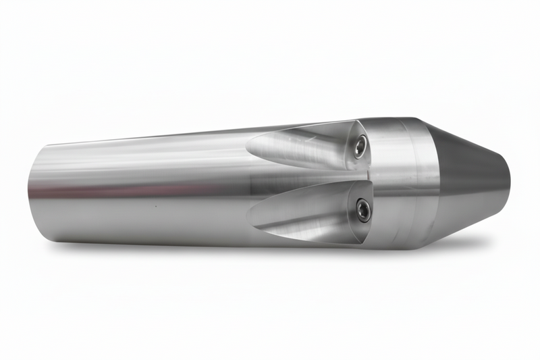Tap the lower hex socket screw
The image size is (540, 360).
tap(363, 209)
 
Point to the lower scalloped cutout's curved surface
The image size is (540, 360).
tap(304, 216)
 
